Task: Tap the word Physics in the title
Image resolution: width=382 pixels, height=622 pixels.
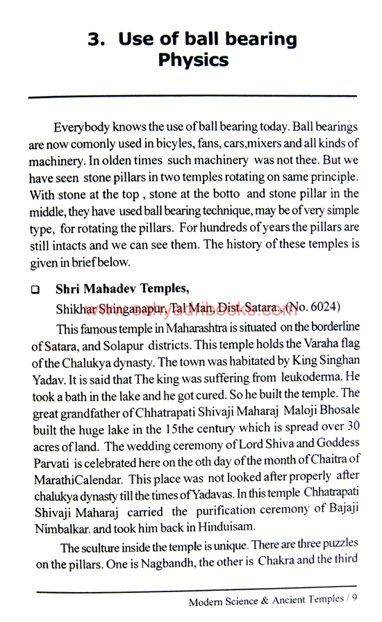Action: [x=193, y=60]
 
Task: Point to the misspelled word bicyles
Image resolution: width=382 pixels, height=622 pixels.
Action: [x=185, y=144]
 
